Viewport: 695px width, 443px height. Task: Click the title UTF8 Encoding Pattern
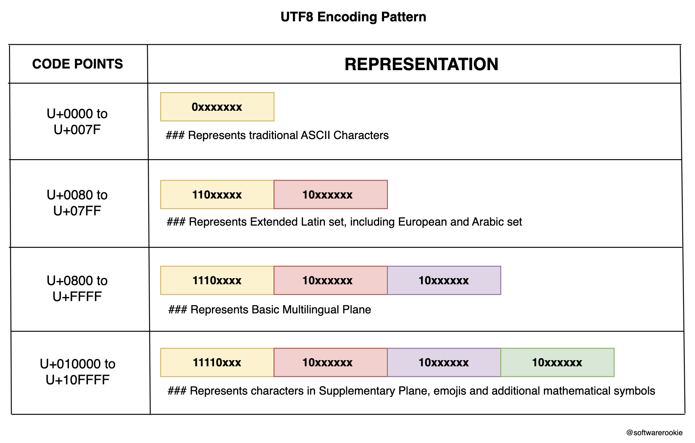tap(353, 17)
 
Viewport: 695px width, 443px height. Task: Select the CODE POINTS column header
tap(78, 64)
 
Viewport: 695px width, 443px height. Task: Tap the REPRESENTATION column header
tap(421, 64)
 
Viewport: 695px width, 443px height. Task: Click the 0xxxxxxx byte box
tap(217, 107)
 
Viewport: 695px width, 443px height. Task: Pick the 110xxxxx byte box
tap(217, 194)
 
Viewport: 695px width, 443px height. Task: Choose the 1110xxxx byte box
tap(217, 281)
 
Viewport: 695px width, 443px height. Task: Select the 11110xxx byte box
tap(217, 363)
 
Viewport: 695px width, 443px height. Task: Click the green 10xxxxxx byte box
tap(557, 363)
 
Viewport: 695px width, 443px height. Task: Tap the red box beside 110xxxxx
tap(330, 194)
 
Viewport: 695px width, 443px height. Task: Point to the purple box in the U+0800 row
tap(444, 281)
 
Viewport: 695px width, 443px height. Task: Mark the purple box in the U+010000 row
tap(444, 363)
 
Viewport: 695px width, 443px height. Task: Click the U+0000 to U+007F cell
tap(77, 121)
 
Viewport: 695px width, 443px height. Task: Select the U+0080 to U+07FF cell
tap(77, 203)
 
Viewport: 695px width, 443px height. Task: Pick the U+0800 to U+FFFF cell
tap(77, 288)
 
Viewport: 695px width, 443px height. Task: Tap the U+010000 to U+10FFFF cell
tap(77, 372)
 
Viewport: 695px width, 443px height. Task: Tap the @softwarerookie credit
tap(654, 432)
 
